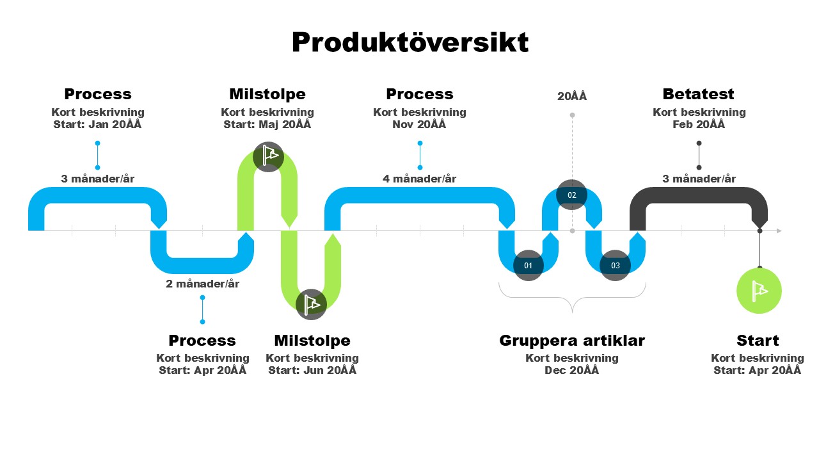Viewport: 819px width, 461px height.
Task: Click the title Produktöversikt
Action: (x=410, y=43)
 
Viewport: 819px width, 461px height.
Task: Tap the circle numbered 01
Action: (x=529, y=265)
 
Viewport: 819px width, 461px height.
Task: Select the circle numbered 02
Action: (x=572, y=195)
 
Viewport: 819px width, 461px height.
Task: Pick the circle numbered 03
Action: (x=616, y=265)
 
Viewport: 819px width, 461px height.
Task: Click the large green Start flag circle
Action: (x=759, y=291)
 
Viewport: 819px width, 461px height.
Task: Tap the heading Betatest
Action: (x=699, y=94)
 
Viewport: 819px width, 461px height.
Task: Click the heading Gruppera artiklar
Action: (x=572, y=341)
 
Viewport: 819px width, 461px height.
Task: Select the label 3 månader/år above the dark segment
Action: (x=699, y=179)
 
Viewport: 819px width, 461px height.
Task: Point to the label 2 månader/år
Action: (x=202, y=284)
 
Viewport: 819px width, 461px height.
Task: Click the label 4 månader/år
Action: (x=420, y=179)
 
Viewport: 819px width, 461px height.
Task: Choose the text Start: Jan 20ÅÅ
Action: (x=97, y=124)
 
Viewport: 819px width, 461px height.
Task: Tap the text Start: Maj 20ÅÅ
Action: (x=267, y=124)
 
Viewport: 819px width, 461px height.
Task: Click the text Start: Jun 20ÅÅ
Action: (x=312, y=370)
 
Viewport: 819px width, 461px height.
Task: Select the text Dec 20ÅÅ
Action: (x=572, y=370)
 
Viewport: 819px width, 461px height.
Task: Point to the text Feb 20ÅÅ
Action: (x=699, y=124)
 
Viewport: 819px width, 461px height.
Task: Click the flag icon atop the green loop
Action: (x=269, y=156)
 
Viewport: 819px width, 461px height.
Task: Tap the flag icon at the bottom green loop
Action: (x=312, y=303)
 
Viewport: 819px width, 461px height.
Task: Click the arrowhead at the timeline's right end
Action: (x=779, y=230)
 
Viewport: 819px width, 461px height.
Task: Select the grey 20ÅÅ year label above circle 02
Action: (x=572, y=97)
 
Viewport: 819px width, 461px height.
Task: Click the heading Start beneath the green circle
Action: (x=758, y=341)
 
